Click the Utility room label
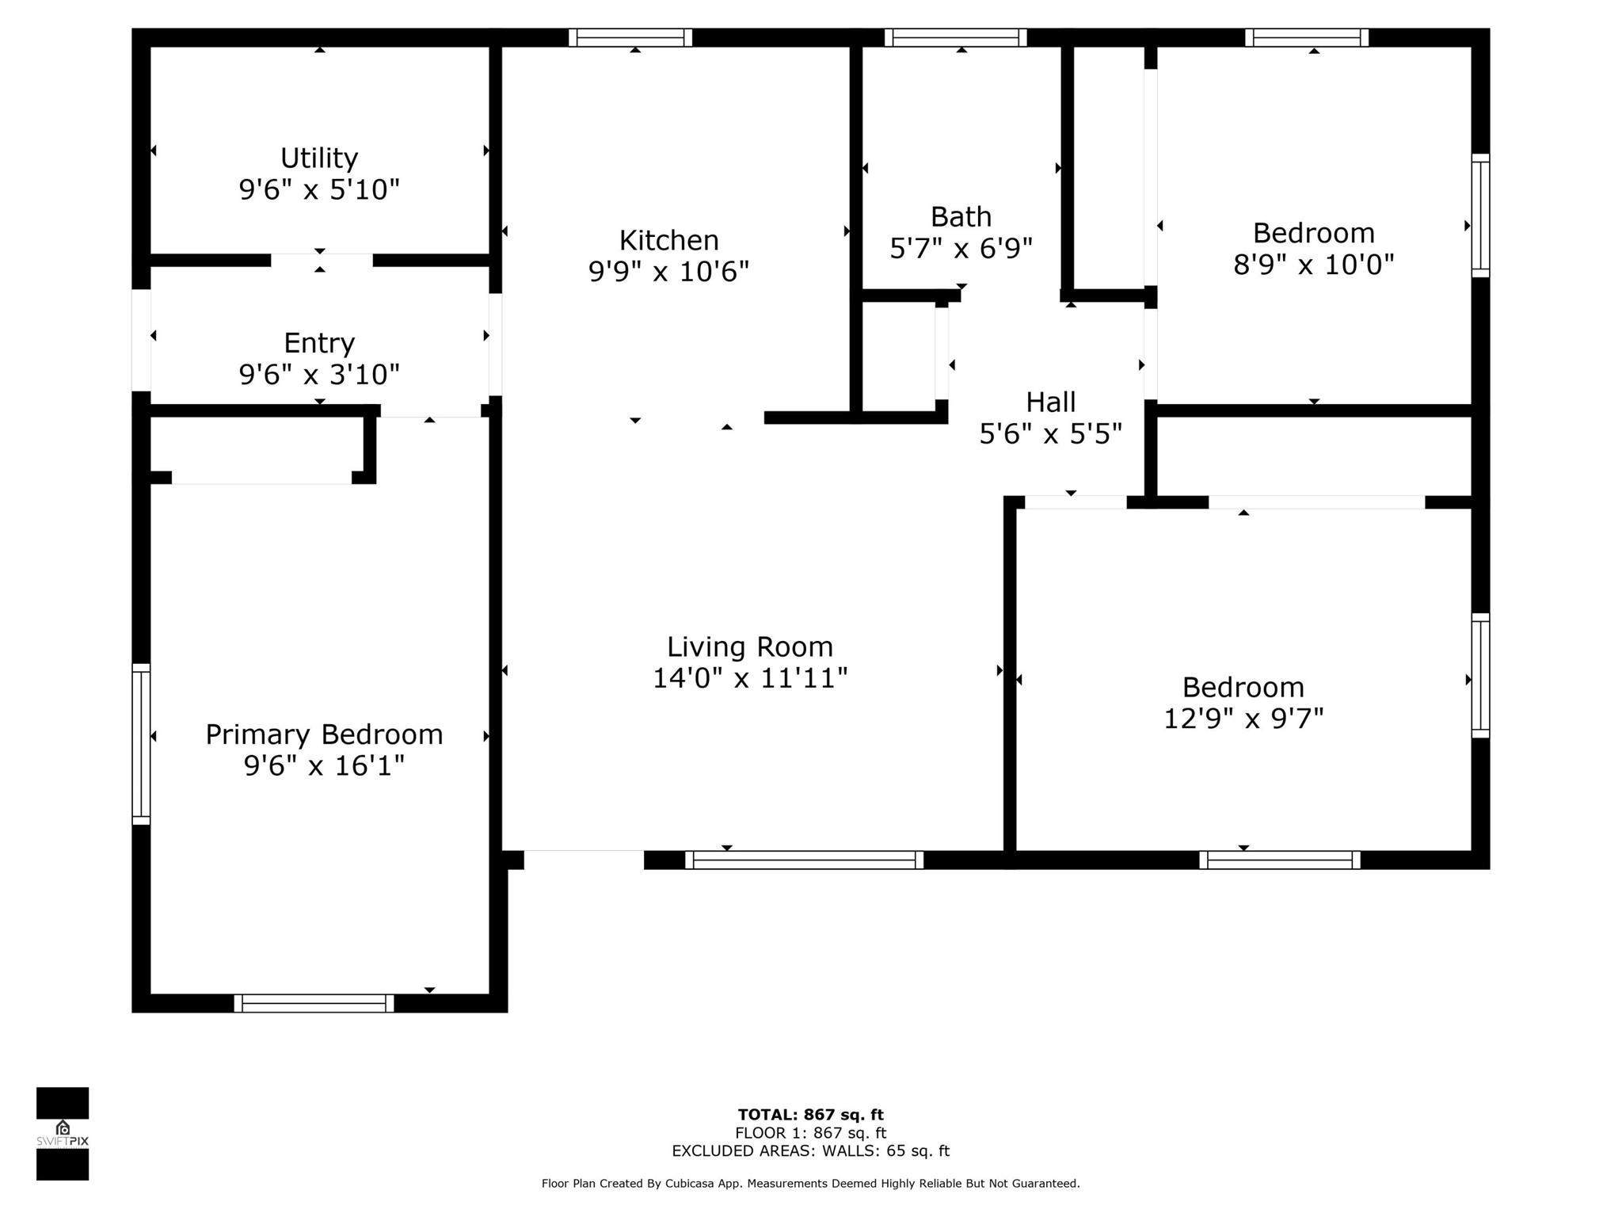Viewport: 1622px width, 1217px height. tap(319, 158)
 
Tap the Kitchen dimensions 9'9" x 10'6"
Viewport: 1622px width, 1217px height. tap(668, 272)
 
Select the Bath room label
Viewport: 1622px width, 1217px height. tap(961, 216)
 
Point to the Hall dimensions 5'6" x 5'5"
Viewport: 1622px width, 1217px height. tap(1051, 433)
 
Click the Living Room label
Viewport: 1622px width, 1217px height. tap(750, 647)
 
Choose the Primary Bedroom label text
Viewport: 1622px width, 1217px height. tap(324, 734)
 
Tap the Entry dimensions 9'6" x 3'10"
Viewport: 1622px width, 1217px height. tap(319, 374)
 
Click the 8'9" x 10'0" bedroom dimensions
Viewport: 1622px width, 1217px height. tap(1313, 264)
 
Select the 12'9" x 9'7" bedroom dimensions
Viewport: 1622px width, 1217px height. tap(1243, 719)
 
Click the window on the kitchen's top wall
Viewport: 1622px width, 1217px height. tap(630, 37)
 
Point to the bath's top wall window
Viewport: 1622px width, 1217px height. tap(956, 37)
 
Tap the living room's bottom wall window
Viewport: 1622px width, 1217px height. tap(804, 860)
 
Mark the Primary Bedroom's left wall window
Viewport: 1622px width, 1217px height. tap(141, 744)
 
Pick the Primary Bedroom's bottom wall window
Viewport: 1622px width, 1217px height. tap(314, 1003)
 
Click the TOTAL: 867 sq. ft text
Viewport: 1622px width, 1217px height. tap(811, 1115)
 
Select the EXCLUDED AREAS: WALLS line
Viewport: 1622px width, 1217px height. tap(811, 1151)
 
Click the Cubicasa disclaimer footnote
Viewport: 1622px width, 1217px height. tap(811, 1184)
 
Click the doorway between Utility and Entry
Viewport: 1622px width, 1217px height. tap(322, 260)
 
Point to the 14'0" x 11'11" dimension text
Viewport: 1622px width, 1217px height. tap(750, 678)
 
